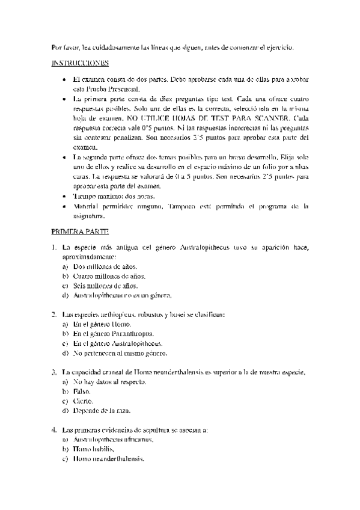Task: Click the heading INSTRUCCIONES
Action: (80, 63)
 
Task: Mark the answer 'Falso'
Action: (81, 391)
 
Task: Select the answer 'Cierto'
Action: (83, 401)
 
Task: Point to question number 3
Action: (54, 372)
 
